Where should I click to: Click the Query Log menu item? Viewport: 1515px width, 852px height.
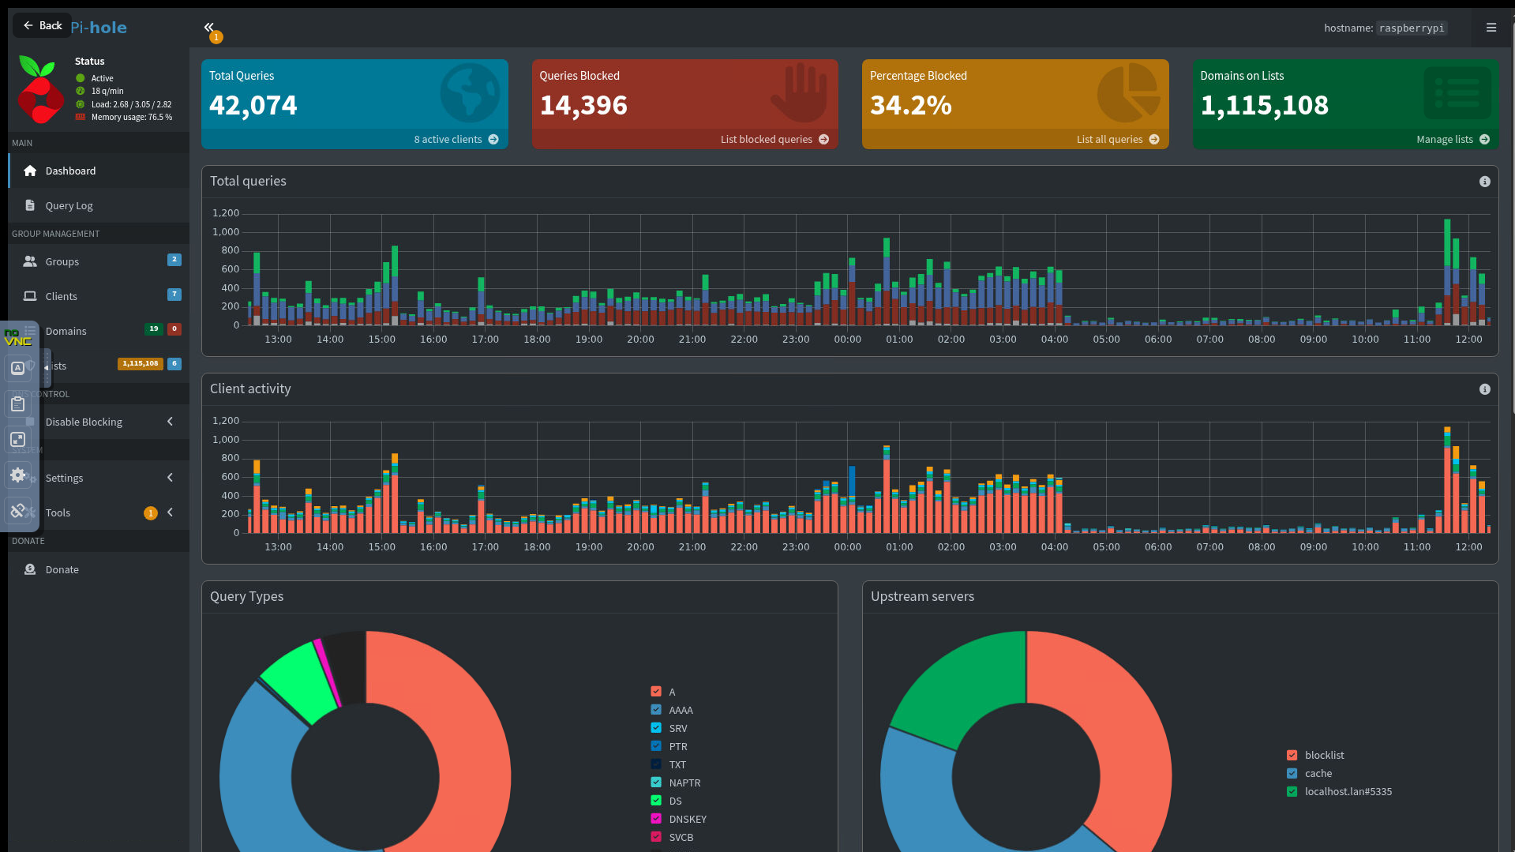(69, 206)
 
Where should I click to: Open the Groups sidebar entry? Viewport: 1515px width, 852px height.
(62, 262)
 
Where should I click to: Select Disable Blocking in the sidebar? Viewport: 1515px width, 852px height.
(84, 422)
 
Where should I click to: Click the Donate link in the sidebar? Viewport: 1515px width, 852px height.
(62, 570)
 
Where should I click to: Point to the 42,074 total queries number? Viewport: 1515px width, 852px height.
(253, 106)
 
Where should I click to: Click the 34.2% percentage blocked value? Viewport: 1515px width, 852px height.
(910, 106)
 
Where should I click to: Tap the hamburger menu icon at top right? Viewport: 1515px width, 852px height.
(1491, 28)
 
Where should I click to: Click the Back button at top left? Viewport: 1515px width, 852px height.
(43, 26)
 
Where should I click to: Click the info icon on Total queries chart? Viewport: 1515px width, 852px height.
(1484, 182)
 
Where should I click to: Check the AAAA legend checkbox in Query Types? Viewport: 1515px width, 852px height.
(656, 710)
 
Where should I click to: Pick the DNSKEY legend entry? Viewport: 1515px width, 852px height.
(687, 820)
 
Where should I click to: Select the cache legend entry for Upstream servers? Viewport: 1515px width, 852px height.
(1318, 774)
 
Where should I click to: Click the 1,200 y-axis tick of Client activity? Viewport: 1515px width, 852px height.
(226, 421)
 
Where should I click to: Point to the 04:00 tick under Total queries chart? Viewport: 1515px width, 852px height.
(1054, 340)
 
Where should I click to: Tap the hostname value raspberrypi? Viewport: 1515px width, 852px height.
(1412, 28)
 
